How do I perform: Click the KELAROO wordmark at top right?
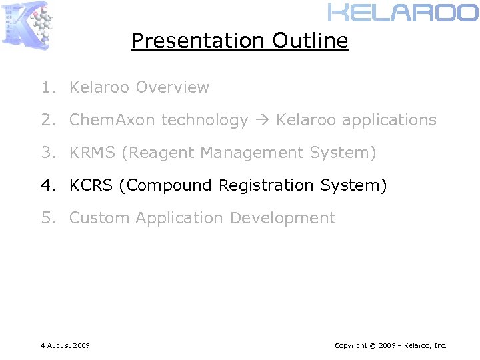(403, 13)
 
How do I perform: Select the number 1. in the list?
(47, 87)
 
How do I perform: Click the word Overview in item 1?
(172, 87)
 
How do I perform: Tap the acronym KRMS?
(93, 153)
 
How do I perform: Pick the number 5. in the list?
(47, 218)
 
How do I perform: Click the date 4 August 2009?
(65, 345)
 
